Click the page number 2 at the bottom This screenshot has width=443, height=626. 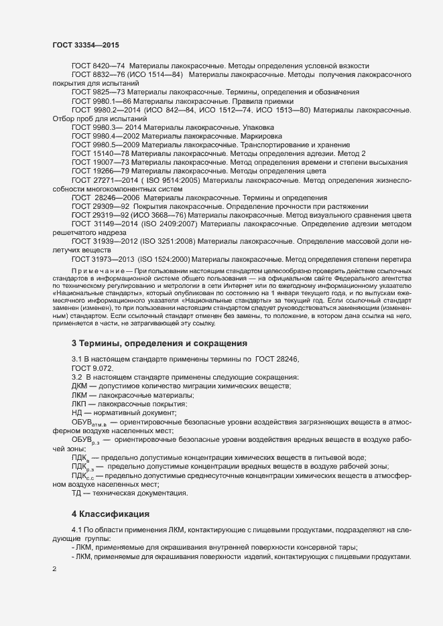[54, 568]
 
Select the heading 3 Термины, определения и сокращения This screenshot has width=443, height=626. [160, 343]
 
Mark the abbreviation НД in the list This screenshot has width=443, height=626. [77, 413]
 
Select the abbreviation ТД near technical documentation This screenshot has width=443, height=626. [76, 493]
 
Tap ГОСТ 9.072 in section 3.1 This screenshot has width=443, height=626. [92, 369]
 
